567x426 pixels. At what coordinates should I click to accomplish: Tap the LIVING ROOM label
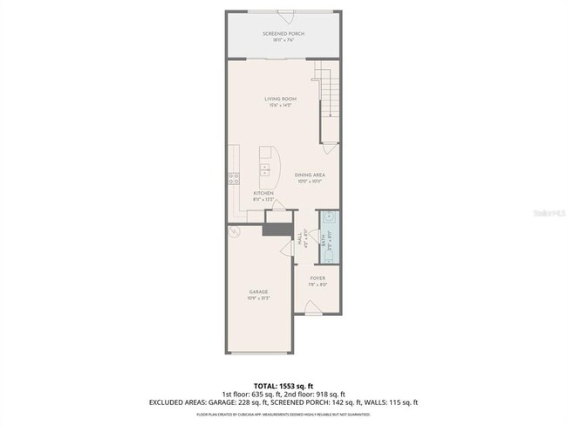click(x=281, y=99)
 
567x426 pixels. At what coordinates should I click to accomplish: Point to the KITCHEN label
click(x=263, y=193)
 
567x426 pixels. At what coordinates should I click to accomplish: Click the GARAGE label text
click(x=258, y=292)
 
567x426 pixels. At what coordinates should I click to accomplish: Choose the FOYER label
click(x=318, y=278)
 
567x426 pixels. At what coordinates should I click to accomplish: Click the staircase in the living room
click(x=326, y=97)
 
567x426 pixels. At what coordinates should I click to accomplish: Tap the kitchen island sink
click(x=265, y=168)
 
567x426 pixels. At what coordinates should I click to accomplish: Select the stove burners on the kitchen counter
click(x=233, y=180)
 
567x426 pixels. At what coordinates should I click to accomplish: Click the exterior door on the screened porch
click(x=283, y=13)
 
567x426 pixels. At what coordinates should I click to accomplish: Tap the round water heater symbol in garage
click(x=233, y=232)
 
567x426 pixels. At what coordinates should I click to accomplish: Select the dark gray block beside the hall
click(x=278, y=229)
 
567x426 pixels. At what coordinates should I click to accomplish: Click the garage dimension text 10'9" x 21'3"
click(x=258, y=299)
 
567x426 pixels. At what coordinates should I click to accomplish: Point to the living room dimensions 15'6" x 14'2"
click(x=281, y=106)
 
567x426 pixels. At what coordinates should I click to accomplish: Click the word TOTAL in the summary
click(x=265, y=385)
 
